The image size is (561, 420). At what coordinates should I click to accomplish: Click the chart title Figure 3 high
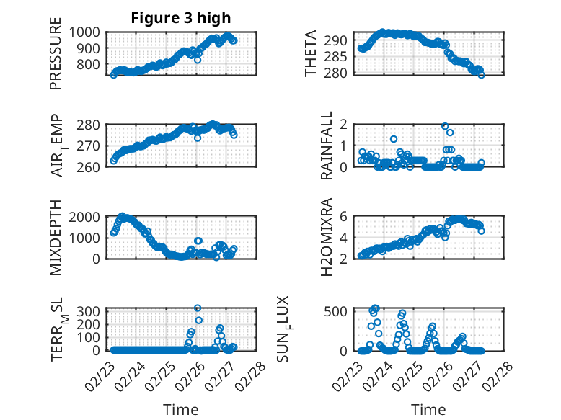coord(181,18)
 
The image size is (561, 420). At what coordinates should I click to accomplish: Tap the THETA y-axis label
coord(311,54)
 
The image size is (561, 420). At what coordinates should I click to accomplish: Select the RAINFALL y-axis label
coord(327,146)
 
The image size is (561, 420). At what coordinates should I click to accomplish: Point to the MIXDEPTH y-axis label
coord(56,237)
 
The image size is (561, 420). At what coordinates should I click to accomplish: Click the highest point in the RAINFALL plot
coord(445,126)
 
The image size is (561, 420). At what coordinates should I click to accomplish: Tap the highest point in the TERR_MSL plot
coord(198,308)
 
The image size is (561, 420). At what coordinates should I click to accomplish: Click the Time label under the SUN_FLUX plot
coord(428,409)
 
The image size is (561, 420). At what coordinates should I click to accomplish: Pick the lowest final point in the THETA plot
coord(481,74)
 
